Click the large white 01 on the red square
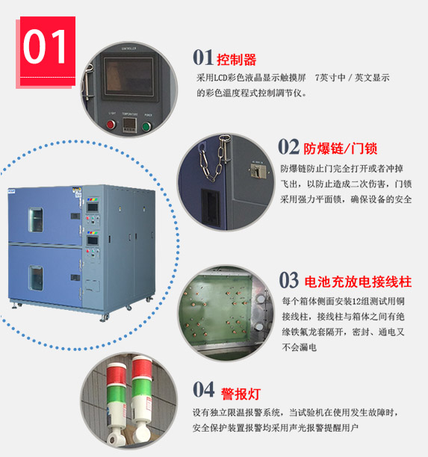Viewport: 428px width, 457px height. click(45, 46)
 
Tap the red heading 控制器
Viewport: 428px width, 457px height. click(237, 60)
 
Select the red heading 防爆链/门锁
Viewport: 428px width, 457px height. click(341, 149)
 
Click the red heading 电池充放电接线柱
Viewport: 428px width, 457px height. click(358, 282)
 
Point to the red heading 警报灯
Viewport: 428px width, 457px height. click(241, 394)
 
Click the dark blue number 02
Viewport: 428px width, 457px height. click(288, 146)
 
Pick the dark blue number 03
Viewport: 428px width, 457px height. click(289, 280)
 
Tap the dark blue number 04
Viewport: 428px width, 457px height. click(203, 390)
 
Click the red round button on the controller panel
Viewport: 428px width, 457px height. click(111, 125)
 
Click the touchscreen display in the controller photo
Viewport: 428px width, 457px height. click(129, 76)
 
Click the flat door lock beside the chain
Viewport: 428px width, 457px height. click(257, 171)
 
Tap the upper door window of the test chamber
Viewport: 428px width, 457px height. click(36, 220)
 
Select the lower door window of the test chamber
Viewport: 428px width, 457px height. click(36, 278)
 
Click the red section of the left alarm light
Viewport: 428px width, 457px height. click(116, 375)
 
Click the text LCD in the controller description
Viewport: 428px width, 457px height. click(220, 78)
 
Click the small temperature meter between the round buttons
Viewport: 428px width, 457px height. click(129, 125)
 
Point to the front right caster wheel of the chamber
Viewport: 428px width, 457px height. click(105, 317)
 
